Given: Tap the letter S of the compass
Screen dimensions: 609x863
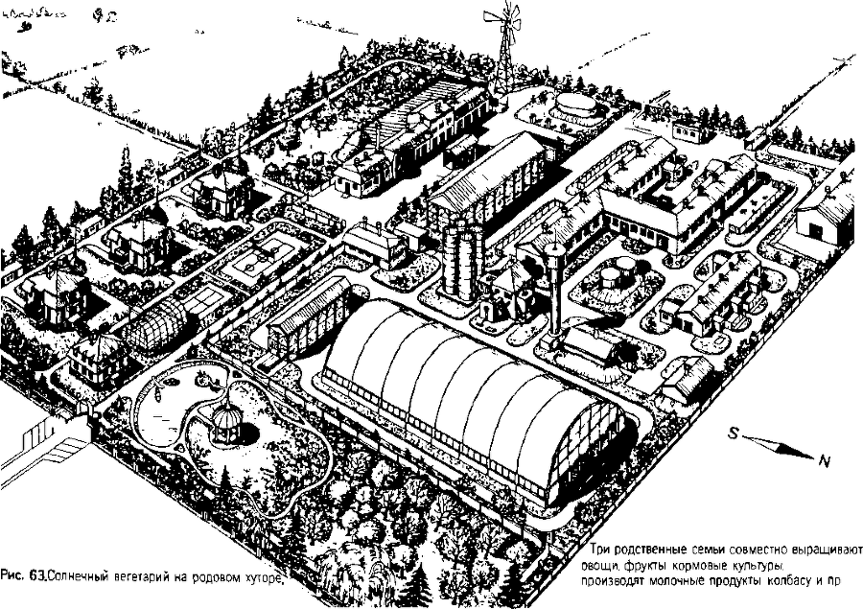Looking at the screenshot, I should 734,433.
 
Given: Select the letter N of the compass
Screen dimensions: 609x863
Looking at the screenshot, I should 823,461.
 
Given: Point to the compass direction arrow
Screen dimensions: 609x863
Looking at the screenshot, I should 777,447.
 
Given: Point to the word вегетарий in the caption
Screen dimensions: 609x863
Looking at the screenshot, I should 150,577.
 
